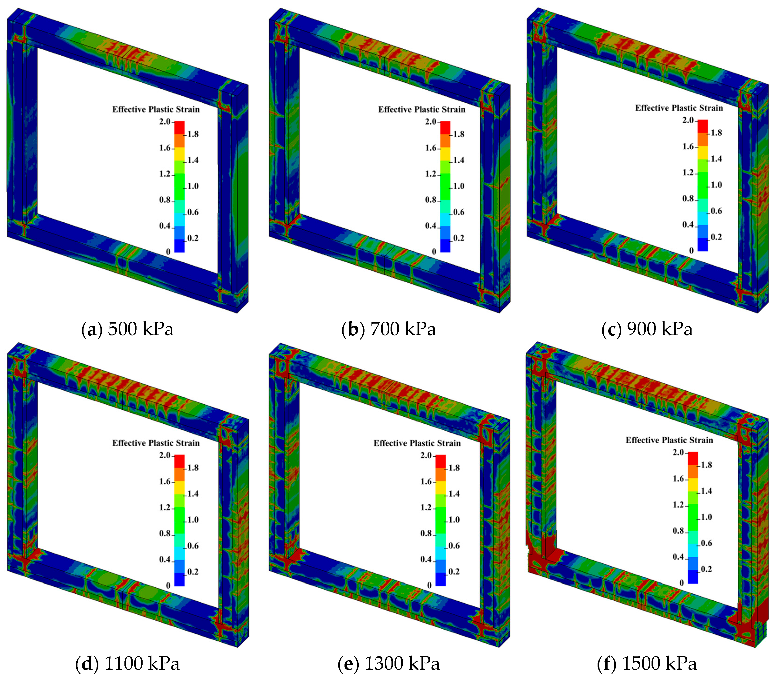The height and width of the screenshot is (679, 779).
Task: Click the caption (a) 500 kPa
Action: tap(127, 329)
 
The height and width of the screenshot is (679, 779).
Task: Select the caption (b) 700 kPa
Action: tap(389, 329)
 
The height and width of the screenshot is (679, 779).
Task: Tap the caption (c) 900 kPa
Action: tap(647, 329)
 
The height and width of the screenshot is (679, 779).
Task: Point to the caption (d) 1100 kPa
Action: tap(127, 663)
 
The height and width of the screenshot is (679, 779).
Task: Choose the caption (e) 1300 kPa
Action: tap(389, 663)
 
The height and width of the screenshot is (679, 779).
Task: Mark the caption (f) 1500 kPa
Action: tap(647, 663)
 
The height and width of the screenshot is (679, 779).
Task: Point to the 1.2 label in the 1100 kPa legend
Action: tap(165, 507)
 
